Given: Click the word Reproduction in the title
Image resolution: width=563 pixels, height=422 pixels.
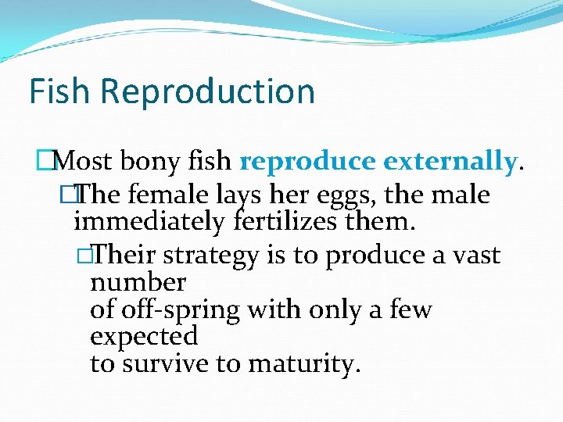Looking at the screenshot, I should click(x=207, y=91).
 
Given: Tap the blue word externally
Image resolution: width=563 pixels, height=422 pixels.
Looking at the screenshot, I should click(x=450, y=162).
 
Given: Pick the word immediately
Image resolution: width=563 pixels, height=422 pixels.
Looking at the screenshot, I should click(x=151, y=223).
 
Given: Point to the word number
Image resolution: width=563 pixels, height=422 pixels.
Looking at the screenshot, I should click(x=138, y=282).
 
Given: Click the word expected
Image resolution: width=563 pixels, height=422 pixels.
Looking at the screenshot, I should click(x=144, y=337).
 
